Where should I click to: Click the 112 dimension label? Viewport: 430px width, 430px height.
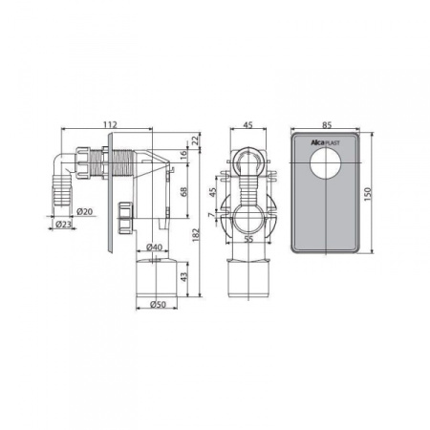(110, 124)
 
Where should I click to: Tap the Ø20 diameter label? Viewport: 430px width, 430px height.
(85, 211)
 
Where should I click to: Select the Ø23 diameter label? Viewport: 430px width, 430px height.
(63, 225)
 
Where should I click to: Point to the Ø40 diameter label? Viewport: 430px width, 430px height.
(154, 247)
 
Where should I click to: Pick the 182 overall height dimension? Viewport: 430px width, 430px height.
(196, 235)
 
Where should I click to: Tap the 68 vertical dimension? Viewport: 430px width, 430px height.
(183, 192)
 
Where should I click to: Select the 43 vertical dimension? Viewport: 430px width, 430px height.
(184, 277)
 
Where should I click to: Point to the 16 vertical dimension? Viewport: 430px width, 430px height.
(183, 156)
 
